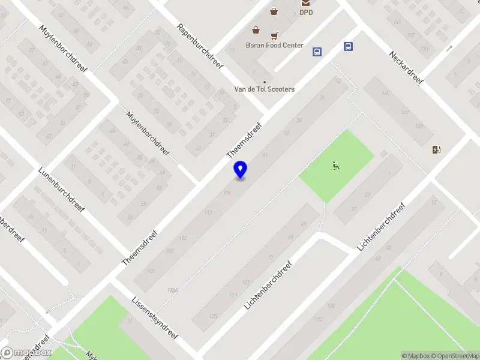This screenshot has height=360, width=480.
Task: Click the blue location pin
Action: (x=240, y=170)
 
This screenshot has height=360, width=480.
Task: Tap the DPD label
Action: (x=306, y=12)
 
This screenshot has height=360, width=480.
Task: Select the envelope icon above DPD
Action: (x=306, y=2)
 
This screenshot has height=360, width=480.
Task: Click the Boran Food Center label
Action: (x=274, y=45)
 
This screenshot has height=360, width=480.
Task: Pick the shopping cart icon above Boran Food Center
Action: (x=274, y=35)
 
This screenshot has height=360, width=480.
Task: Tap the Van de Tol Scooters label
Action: (x=264, y=89)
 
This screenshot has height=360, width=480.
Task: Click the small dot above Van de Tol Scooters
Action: (x=264, y=82)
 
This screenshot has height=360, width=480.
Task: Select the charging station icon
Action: (x=436, y=149)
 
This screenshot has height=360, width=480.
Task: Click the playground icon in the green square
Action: (x=337, y=166)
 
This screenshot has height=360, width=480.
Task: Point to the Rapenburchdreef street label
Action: (x=200, y=47)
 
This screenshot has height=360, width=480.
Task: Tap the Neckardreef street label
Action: (x=406, y=67)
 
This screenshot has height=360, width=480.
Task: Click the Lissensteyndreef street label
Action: (x=155, y=317)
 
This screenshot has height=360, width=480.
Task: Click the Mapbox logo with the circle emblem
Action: (x=26, y=353)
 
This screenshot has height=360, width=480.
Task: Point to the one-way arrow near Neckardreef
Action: (x=449, y=49)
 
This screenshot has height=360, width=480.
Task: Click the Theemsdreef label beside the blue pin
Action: (x=245, y=142)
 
